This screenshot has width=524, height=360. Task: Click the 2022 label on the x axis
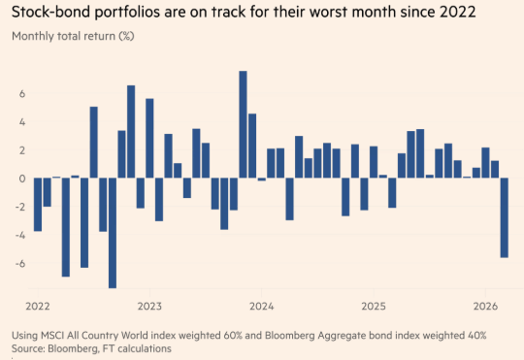37,305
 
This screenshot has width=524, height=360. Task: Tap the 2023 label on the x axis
149,305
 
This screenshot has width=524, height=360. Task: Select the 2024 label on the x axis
261,305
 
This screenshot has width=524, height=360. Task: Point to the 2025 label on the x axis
373,305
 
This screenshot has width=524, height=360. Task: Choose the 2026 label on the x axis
485,305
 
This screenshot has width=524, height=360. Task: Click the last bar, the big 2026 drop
504,217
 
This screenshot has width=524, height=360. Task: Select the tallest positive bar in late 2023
243,124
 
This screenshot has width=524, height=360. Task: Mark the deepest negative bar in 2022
112,233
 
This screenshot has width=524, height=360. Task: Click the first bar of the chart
37,204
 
